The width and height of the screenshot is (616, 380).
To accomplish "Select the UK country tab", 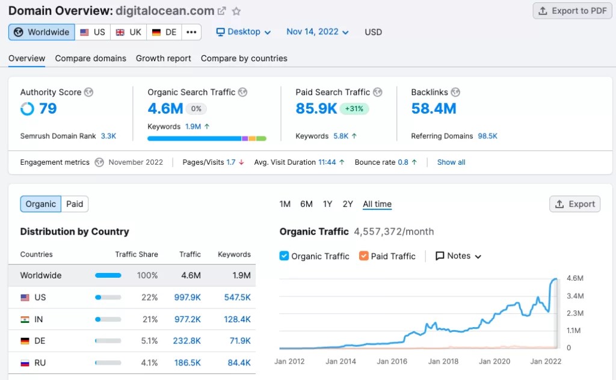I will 129,32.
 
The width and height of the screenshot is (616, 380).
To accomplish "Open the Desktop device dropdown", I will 244,32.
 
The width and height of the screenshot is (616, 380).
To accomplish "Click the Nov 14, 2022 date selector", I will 317,32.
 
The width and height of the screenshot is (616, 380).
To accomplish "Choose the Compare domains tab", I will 90,58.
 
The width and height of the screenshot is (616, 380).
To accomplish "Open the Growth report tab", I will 163,58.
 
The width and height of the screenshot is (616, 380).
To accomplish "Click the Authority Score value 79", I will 48,109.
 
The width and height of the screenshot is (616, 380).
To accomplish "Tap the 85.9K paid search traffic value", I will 316,109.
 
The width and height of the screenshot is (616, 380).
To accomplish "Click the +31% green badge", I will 354,109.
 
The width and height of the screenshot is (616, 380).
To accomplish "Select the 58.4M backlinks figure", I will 434,109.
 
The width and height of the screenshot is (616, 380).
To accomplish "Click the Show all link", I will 451,162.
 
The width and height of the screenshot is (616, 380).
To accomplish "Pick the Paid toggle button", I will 75,204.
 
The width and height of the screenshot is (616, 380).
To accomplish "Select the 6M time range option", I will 306,204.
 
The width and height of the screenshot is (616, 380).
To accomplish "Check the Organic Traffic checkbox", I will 285,256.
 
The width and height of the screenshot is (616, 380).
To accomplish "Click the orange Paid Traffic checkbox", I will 363,256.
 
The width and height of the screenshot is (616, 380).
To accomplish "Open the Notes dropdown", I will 458,256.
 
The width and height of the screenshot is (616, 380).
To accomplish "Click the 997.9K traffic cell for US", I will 187,298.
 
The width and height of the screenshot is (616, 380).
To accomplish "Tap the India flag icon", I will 25,319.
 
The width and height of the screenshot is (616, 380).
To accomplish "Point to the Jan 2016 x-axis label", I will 392,361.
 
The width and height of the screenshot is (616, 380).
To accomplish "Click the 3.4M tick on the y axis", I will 575,296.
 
